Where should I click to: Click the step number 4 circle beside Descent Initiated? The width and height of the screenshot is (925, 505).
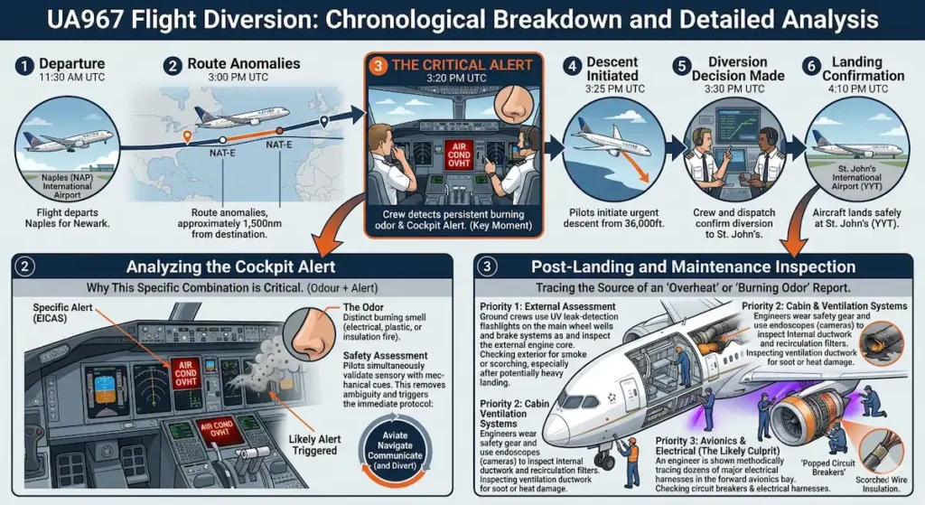pyautogui.click(x=571, y=66)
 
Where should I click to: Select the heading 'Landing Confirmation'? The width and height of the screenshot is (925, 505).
pyautogui.click(x=856, y=69)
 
